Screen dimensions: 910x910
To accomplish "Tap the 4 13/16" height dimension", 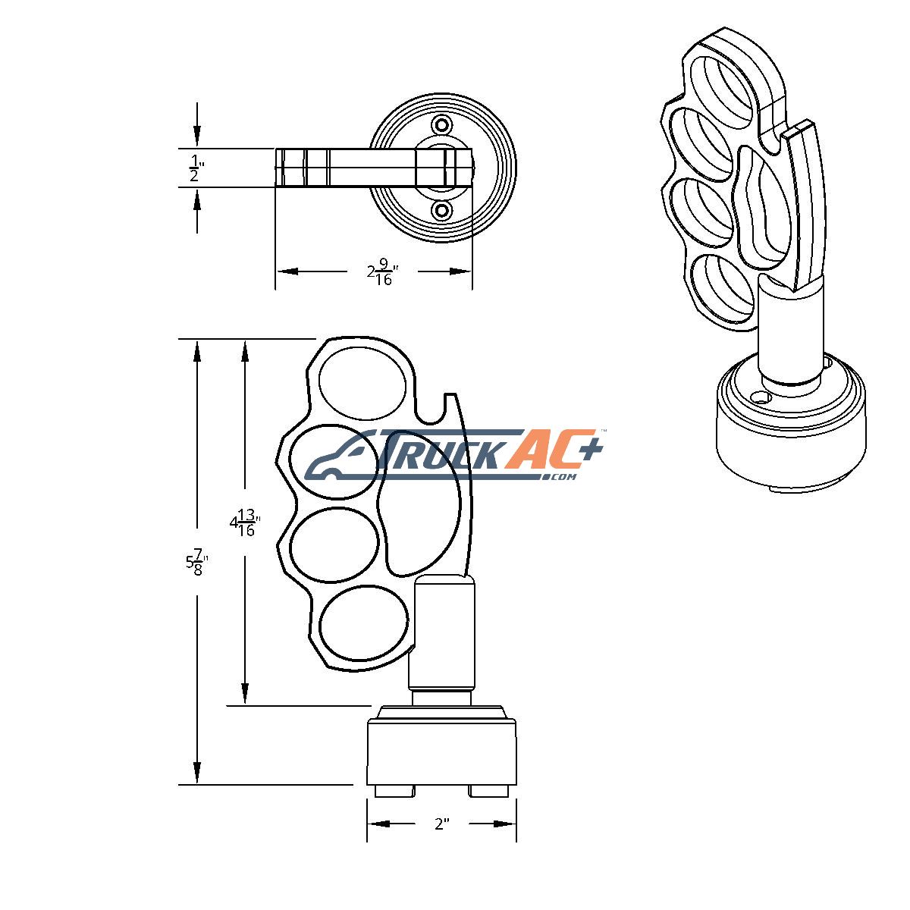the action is tap(245, 522).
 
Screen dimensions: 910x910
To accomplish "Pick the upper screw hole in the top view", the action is tap(442, 125).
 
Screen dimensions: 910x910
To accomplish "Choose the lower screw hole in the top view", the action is tap(442, 210).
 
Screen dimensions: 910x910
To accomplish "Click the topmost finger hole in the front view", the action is tap(362, 384).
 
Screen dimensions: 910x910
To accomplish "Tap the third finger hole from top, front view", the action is tap(334, 545).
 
